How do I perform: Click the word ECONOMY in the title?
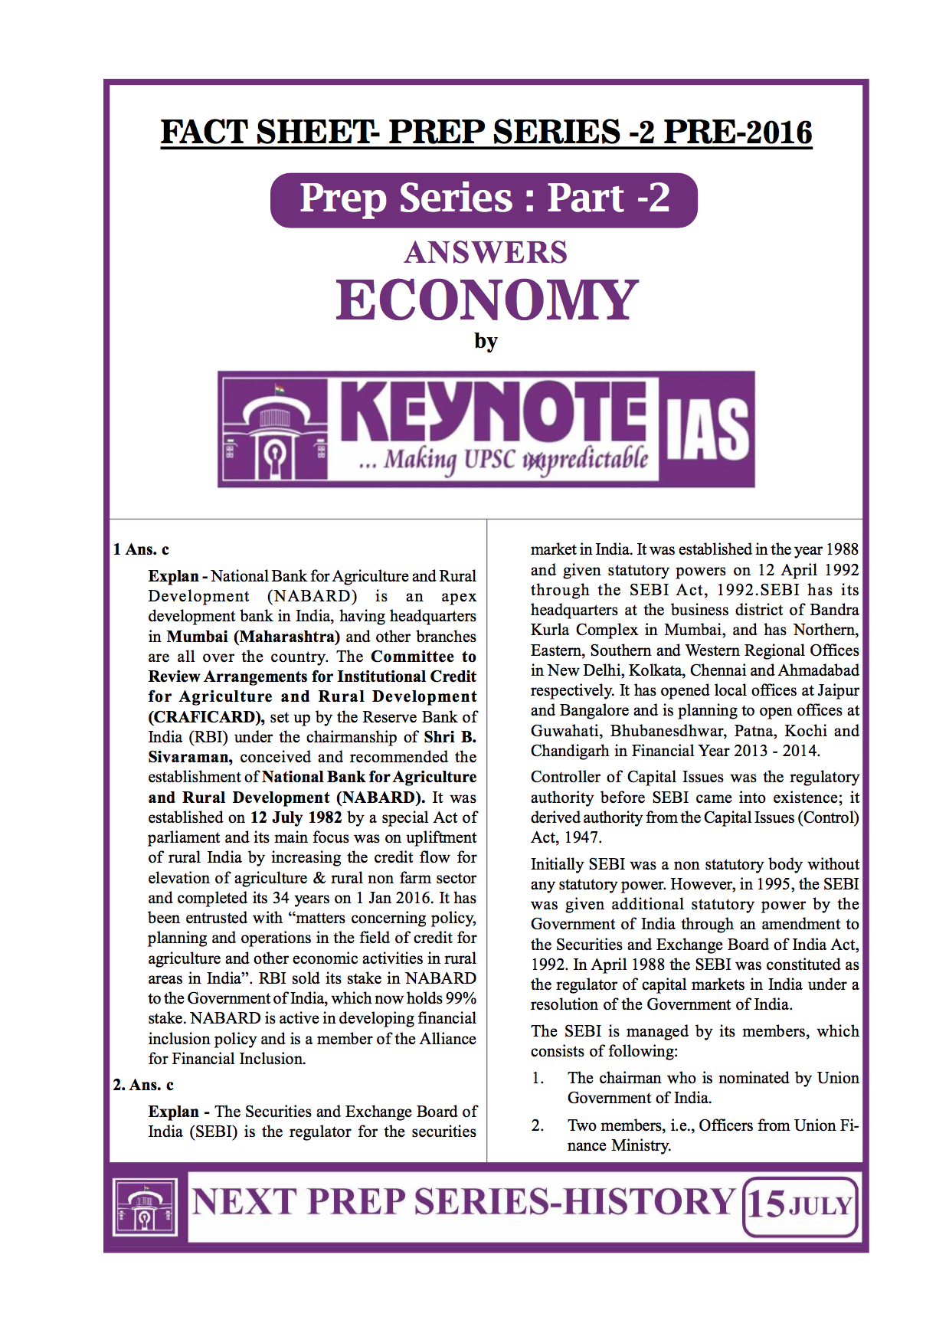[x=486, y=300]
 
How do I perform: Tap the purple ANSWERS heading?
[x=486, y=252]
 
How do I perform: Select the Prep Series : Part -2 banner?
[x=483, y=199]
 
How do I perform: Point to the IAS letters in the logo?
[x=706, y=430]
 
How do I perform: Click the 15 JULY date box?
[x=800, y=1206]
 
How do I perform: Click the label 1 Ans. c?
[x=141, y=549]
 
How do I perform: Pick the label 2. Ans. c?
[x=143, y=1085]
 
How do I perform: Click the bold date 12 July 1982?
[x=296, y=817]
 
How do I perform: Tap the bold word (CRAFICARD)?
[x=206, y=717]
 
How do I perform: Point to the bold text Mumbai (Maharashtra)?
[x=254, y=637]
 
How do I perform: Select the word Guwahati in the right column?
[x=564, y=731]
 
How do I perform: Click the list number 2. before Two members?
[x=538, y=1125]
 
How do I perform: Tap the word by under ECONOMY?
[x=486, y=341]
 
